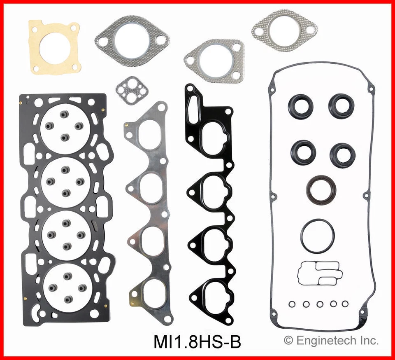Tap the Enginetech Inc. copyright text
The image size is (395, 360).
tap(332, 341)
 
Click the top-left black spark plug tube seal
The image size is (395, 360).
tap(300, 106)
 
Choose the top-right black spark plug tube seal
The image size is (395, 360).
tap(341, 105)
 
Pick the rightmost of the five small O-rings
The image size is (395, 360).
tap(345, 304)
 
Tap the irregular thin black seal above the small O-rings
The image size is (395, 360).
tap(318, 273)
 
